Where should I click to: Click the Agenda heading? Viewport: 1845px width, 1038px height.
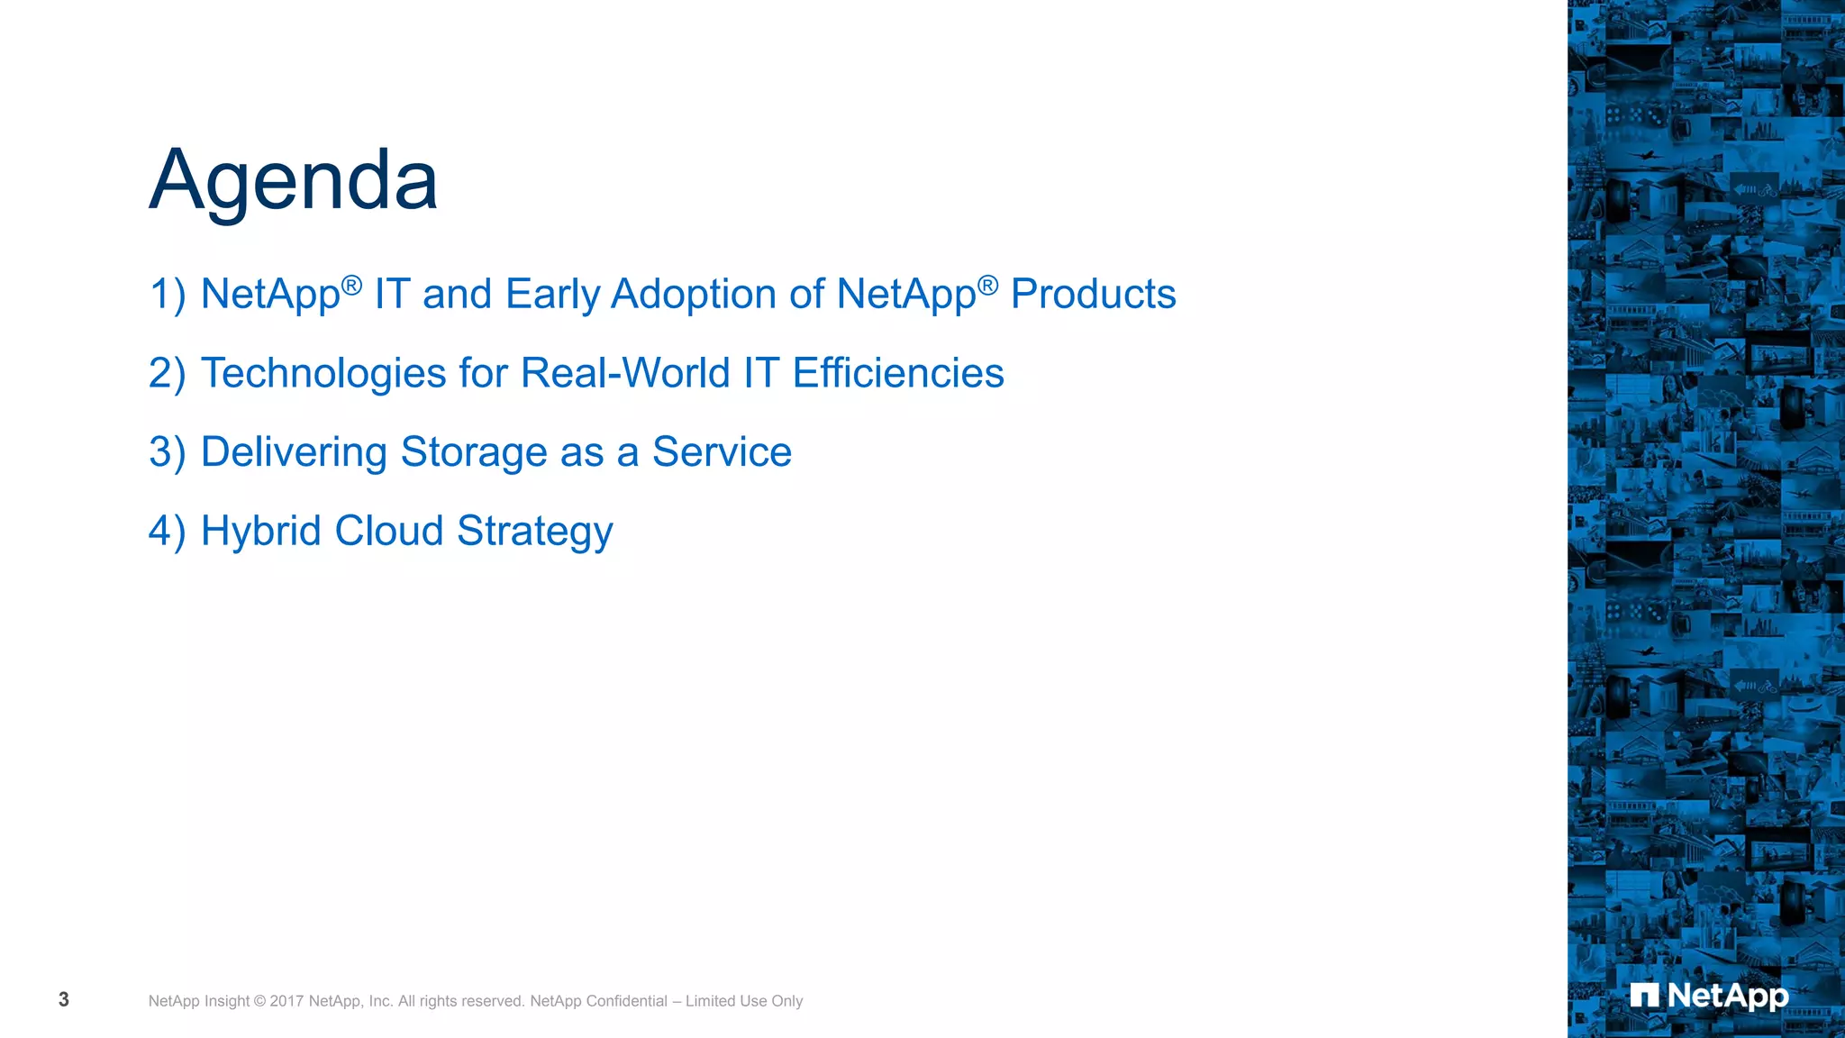coord(293,180)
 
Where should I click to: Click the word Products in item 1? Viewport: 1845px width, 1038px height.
coord(1093,295)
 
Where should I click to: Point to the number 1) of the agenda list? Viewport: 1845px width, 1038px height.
coord(167,295)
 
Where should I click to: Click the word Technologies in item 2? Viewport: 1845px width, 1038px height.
coord(323,374)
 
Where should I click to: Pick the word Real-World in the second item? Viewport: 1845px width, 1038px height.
coord(625,374)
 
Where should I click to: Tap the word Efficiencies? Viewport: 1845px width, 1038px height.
coord(898,374)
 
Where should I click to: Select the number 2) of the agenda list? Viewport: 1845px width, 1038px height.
coord(167,374)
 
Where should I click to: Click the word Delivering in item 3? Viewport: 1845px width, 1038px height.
coord(294,452)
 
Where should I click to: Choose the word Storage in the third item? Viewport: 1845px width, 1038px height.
coord(474,452)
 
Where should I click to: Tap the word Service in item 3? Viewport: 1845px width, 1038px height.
coord(722,452)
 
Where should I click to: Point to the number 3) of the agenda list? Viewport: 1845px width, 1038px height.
coord(167,452)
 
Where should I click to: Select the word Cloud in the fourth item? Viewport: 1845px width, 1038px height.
coord(389,531)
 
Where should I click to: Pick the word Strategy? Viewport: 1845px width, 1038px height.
coord(535,532)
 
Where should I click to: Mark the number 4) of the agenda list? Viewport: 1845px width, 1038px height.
coord(167,531)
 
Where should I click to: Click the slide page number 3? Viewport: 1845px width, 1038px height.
coord(64,999)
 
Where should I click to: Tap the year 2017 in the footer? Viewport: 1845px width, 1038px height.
coord(286,1001)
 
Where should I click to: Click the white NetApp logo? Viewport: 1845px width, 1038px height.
coord(1709,996)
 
